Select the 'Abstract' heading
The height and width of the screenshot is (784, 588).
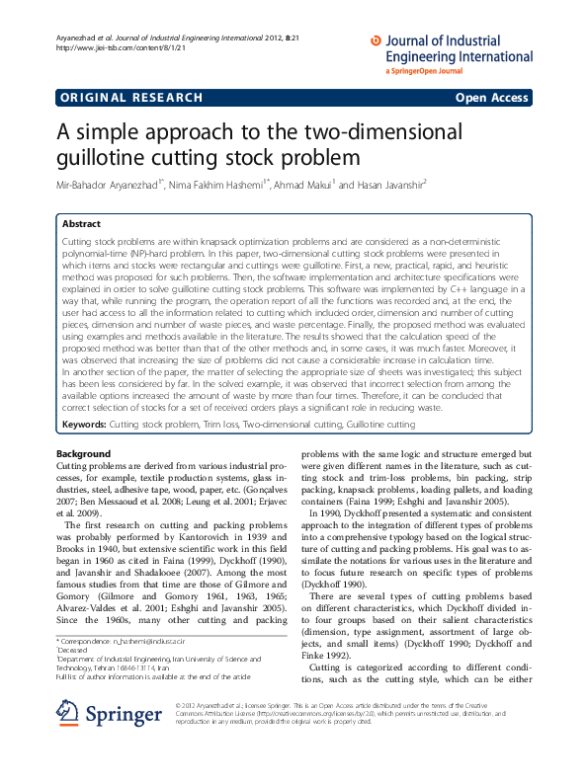pyautogui.click(x=82, y=223)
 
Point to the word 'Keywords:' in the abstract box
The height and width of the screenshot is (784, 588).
pyautogui.click(x=84, y=424)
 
